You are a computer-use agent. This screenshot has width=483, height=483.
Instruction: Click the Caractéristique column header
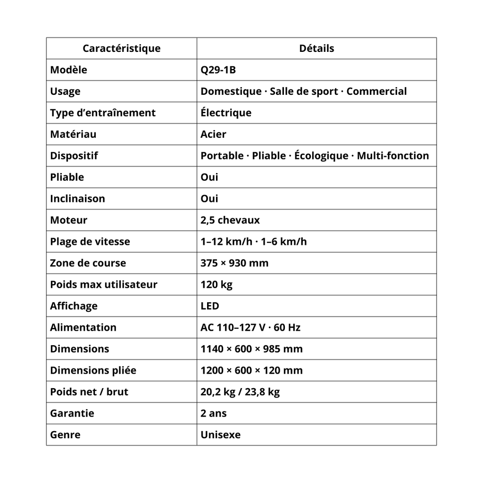[x=121, y=49]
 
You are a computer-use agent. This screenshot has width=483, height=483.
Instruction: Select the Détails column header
[x=316, y=49]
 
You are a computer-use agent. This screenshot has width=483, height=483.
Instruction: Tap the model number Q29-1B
[x=218, y=70]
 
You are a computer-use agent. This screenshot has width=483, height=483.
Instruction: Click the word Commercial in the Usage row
[x=376, y=92]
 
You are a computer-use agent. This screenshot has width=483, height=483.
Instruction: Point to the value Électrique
[x=226, y=113]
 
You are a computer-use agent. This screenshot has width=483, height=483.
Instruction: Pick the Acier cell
[x=213, y=134]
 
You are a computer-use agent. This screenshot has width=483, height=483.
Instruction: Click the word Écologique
[x=321, y=156]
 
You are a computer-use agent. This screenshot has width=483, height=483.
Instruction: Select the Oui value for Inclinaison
[x=209, y=199]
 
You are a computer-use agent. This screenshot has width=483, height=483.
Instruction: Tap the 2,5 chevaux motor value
[x=230, y=220]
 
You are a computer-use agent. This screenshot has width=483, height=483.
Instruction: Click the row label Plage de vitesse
[x=90, y=241]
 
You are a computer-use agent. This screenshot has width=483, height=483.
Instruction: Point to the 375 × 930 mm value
[x=234, y=263]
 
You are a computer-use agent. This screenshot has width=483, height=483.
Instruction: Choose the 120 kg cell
[x=217, y=284]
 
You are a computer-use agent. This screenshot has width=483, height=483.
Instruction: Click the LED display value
[x=210, y=306]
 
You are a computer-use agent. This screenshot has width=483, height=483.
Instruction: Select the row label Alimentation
[x=83, y=327]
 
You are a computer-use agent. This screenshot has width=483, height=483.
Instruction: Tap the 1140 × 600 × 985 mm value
[x=251, y=349]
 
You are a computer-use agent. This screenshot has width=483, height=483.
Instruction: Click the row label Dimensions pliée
[x=93, y=370]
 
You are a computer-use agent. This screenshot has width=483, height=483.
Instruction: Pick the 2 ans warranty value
[x=213, y=413]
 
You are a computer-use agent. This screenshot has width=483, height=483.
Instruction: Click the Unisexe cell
[x=220, y=435]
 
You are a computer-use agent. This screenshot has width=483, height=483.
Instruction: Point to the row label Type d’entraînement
[x=102, y=113]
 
